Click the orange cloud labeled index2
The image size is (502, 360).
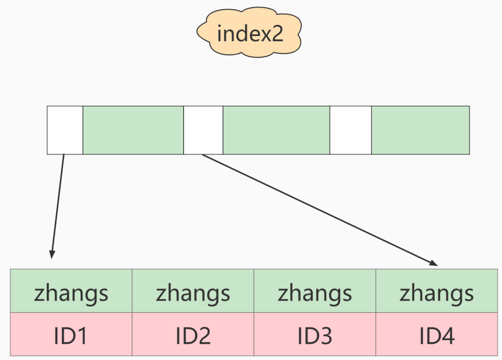(249, 34)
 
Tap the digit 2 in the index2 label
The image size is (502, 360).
(275, 34)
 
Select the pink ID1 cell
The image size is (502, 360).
(71, 336)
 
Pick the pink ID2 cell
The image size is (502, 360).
(193, 336)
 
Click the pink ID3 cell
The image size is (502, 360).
(315, 336)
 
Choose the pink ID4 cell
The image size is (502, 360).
(436, 336)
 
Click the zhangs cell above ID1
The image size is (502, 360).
(71, 292)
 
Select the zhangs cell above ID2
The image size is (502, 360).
(193, 292)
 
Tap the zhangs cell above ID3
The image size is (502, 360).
(315, 292)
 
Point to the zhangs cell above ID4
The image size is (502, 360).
(436, 292)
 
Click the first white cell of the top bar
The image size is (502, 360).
(65, 130)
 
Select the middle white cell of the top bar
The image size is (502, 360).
(203, 130)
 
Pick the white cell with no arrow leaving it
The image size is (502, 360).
(351, 130)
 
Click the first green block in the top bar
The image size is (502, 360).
(133, 130)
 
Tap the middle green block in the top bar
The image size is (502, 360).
(276, 130)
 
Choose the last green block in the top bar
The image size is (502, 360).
(420, 130)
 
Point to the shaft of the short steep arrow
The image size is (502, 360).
(57, 203)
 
